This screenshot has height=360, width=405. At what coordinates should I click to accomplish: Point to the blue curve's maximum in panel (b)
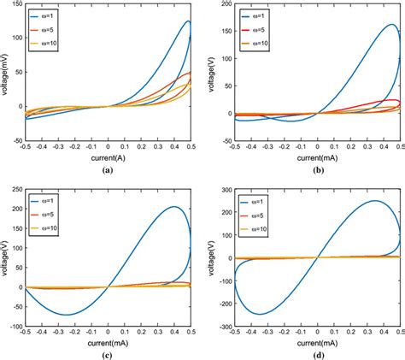(390, 25)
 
